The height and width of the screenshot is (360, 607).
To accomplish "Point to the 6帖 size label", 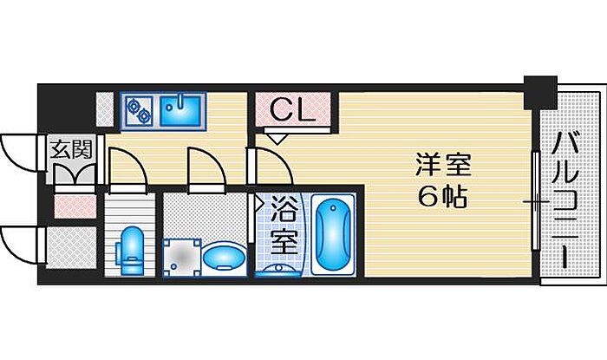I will tap(442, 197).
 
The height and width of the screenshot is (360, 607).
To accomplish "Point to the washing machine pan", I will tap(182, 257).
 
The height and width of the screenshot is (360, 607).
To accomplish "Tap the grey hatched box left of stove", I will tap(105, 109).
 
